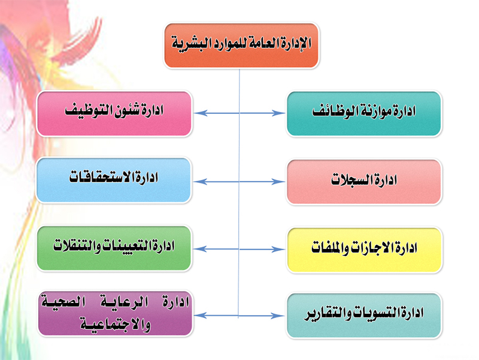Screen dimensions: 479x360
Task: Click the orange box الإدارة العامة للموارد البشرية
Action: (x=241, y=46)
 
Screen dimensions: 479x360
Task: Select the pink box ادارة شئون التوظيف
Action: (x=114, y=113)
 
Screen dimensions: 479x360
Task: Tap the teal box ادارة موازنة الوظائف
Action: (x=364, y=113)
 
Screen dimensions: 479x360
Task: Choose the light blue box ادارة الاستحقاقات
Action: (x=114, y=180)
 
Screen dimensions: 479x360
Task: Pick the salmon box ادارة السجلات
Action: (x=364, y=182)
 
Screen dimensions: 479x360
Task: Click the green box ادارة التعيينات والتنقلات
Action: (x=114, y=248)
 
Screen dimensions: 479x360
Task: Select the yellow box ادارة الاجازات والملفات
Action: (x=365, y=250)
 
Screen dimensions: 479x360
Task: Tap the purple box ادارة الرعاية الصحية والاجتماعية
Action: (x=115, y=313)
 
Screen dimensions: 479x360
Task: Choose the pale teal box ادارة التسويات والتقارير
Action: (x=364, y=316)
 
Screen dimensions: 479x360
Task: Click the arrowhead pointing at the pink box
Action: (x=201, y=113)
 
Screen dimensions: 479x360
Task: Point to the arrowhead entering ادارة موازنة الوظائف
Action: (x=278, y=113)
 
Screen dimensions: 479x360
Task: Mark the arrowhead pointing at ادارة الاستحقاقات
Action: (x=201, y=182)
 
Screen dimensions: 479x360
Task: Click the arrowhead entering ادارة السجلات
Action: (x=278, y=182)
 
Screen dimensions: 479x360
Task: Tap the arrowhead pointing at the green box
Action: (x=201, y=249)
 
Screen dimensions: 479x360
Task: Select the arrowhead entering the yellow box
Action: (x=278, y=250)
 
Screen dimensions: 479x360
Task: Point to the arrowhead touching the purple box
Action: (x=201, y=316)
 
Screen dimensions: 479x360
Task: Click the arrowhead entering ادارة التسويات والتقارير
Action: (x=278, y=316)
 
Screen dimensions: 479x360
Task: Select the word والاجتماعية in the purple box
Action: (x=116, y=325)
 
